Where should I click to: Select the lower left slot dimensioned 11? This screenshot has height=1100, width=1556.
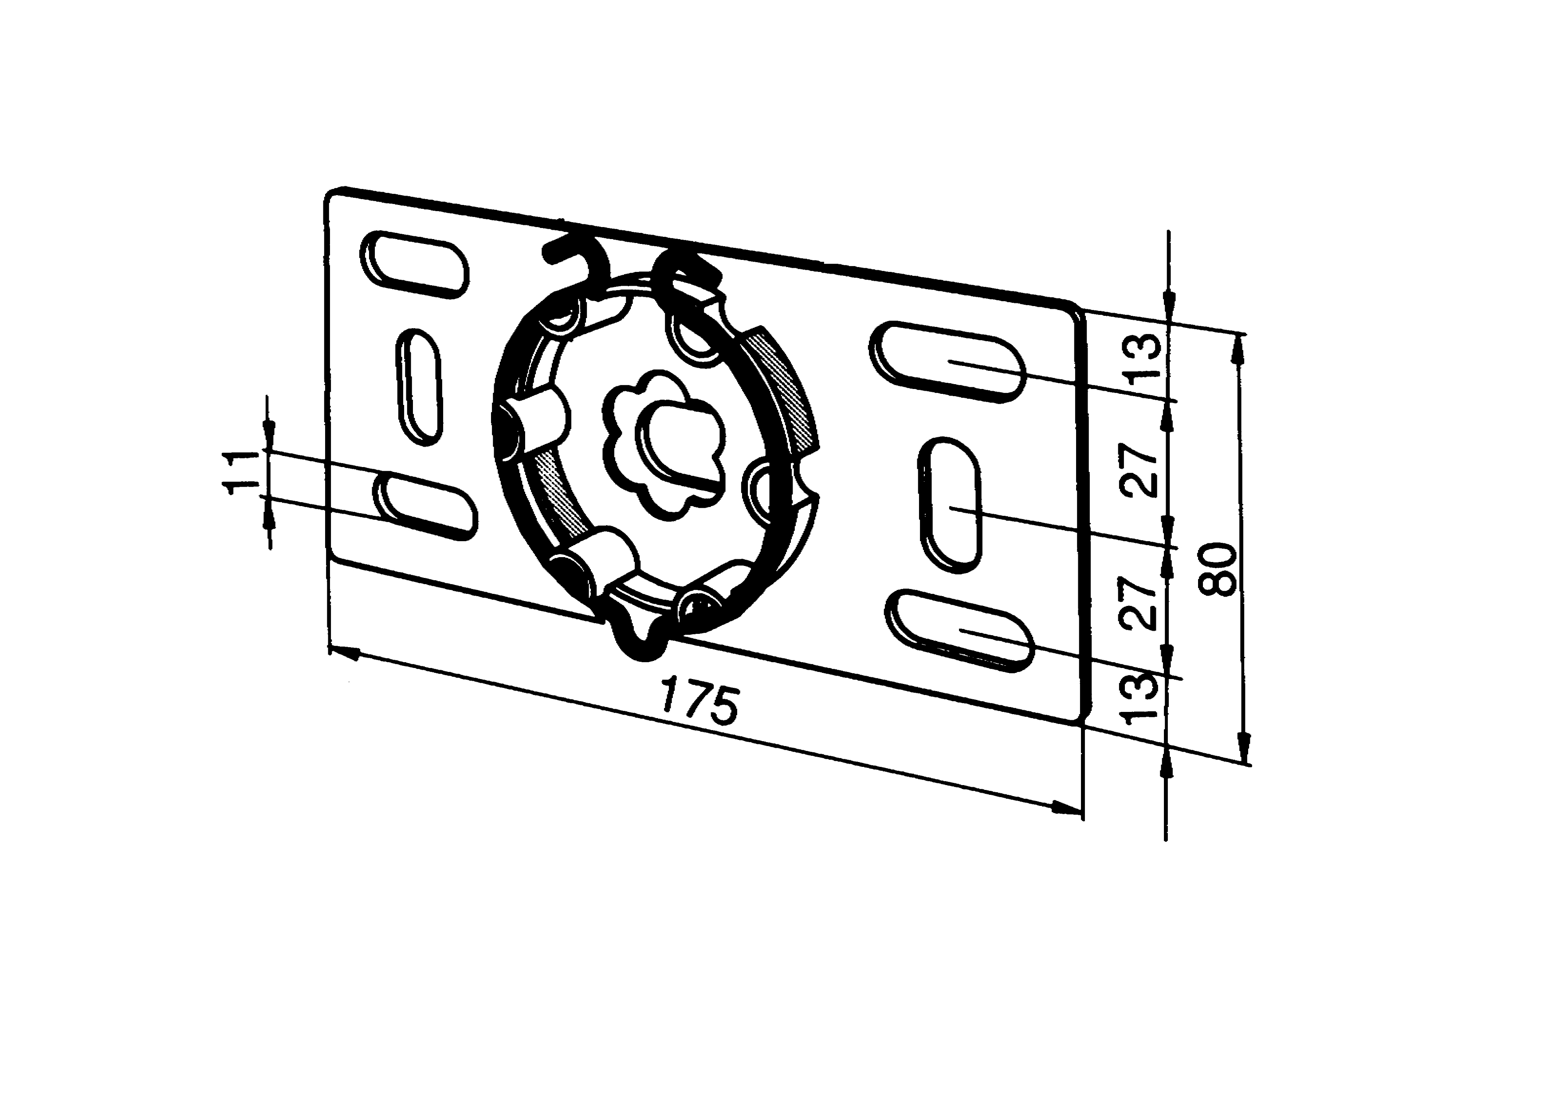coord(426,506)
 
